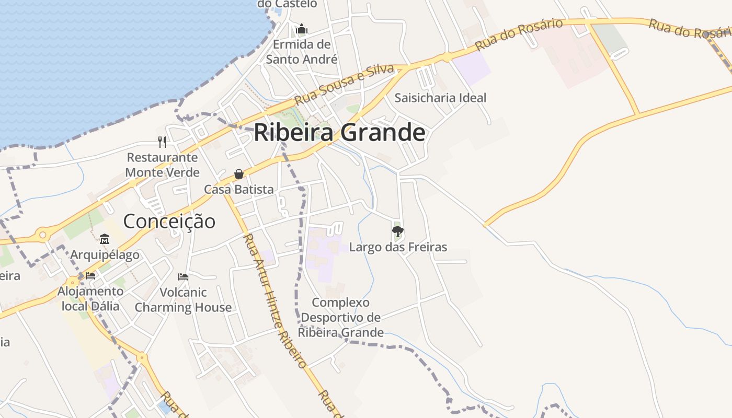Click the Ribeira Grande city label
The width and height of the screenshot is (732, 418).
click(x=339, y=133)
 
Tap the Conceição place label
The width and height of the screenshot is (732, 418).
click(x=169, y=221)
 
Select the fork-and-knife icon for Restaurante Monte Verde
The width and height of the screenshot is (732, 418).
click(x=162, y=142)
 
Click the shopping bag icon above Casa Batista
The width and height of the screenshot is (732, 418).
click(x=239, y=174)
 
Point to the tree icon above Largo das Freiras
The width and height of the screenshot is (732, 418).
click(x=398, y=231)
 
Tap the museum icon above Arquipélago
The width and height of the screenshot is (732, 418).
click(x=105, y=239)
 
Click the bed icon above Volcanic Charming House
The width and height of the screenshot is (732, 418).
click(x=183, y=276)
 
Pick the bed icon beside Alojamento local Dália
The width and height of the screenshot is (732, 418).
click(x=90, y=275)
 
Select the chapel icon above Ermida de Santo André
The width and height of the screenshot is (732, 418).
click(x=302, y=29)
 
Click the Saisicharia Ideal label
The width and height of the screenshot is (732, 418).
click(x=440, y=98)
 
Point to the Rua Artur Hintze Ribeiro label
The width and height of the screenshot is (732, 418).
click(x=274, y=300)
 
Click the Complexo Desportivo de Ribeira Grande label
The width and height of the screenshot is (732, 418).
click(x=341, y=317)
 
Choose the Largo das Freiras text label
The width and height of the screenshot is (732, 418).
click(x=398, y=247)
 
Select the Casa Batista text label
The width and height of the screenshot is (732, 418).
click(x=239, y=189)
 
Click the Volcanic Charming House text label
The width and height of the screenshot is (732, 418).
click(x=183, y=299)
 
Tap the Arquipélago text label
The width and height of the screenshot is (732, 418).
click(x=105, y=255)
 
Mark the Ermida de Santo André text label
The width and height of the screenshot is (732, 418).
click(x=302, y=52)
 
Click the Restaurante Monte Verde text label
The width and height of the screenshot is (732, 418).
click(x=162, y=165)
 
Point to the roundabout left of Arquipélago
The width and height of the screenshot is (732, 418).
click(x=42, y=235)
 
